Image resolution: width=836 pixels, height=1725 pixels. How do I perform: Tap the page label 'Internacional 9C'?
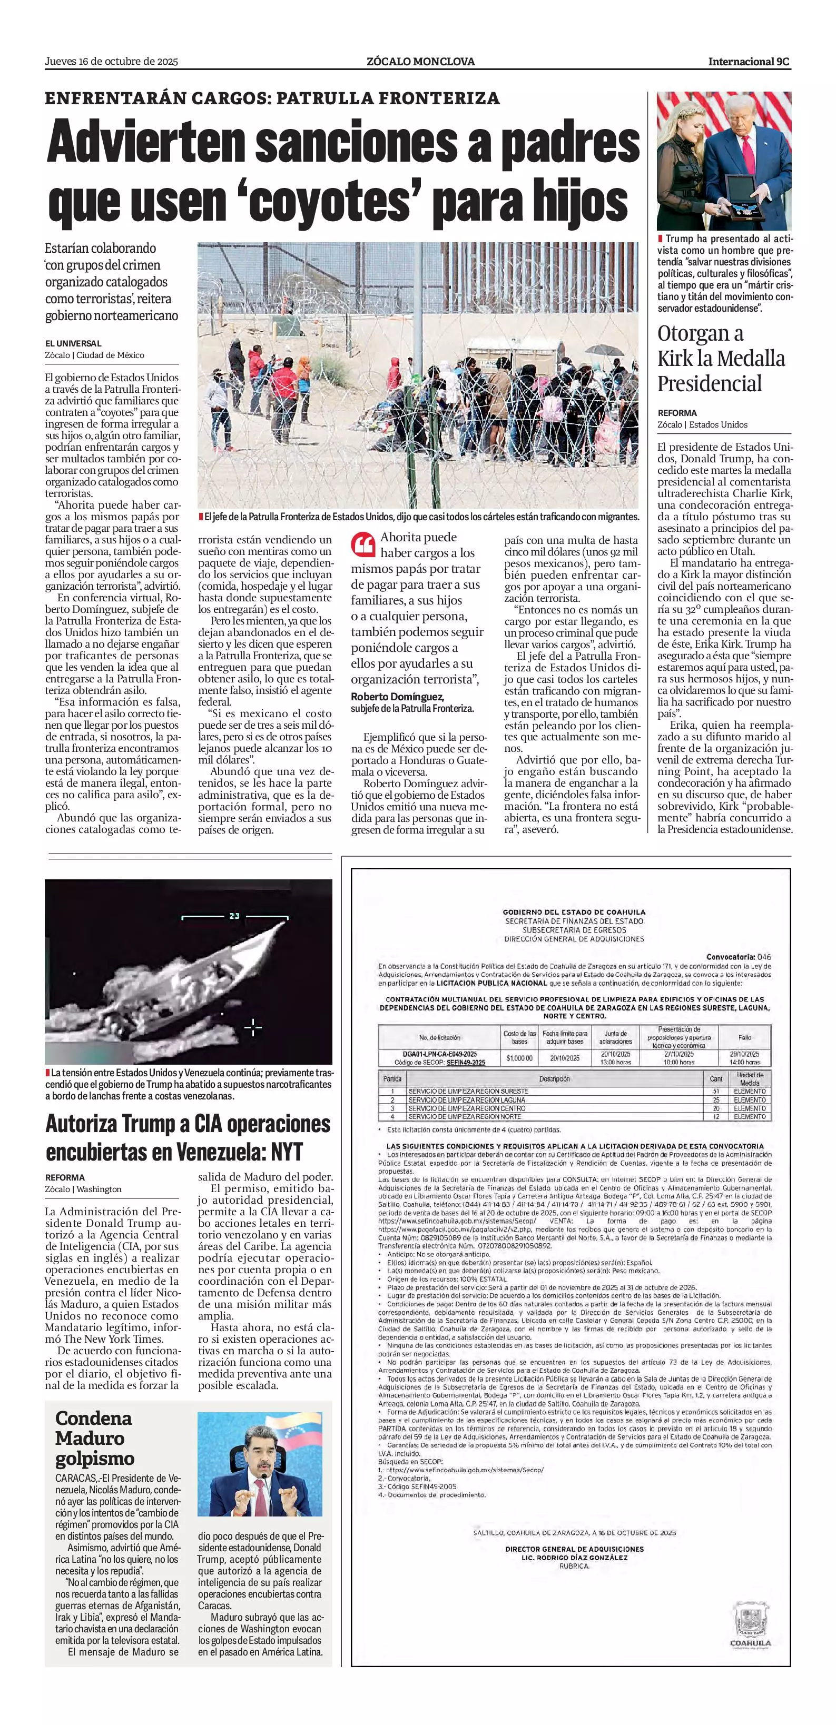tap(749, 62)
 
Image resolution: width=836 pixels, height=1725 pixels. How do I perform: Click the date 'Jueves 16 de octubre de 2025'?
tap(111, 62)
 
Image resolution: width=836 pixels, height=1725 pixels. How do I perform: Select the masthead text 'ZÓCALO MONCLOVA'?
tap(421, 62)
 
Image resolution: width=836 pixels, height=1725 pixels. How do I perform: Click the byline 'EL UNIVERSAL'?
tap(73, 343)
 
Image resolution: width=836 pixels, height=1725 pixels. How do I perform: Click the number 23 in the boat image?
tap(234, 915)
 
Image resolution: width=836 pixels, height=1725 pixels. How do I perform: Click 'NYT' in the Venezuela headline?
tap(287, 1152)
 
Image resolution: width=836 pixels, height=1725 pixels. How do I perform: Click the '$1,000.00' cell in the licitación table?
tap(519, 1058)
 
